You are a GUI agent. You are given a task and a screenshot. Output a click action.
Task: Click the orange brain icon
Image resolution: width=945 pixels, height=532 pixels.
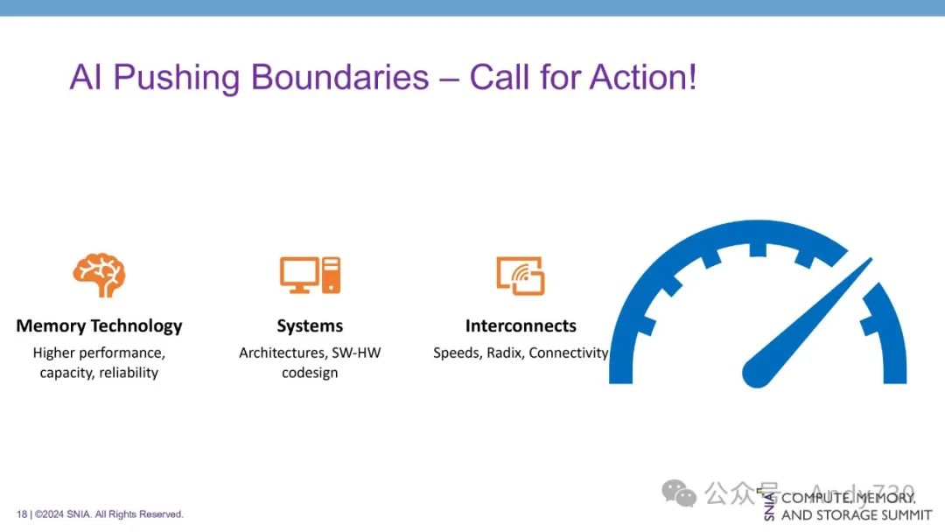[100, 275]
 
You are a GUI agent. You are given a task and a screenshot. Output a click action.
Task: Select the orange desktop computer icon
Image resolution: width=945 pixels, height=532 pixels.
[310, 276]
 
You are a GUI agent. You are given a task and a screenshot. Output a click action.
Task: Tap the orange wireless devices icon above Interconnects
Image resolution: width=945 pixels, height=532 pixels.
[521, 276]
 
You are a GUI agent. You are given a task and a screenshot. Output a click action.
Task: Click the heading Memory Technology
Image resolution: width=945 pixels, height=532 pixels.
[99, 326]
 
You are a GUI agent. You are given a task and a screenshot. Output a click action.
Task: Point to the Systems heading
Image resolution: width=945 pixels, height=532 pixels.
[310, 326]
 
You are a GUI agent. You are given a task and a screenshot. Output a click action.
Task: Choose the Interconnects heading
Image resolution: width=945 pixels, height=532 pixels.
[521, 326]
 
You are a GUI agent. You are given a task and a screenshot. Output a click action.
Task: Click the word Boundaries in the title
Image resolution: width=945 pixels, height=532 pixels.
[339, 77]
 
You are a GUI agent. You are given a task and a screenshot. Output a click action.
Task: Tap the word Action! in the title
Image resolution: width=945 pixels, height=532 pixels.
[643, 77]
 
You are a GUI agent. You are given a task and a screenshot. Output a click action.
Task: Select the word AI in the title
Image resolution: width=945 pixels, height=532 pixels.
[86, 77]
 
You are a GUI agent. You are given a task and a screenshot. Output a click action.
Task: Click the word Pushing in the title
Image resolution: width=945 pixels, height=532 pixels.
[177, 79]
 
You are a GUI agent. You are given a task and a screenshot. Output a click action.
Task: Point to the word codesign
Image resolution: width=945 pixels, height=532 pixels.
[310, 373]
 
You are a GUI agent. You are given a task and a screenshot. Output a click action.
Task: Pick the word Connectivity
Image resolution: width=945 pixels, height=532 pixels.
[569, 353]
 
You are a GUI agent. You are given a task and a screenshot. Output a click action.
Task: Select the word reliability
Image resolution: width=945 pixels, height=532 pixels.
[129, 373]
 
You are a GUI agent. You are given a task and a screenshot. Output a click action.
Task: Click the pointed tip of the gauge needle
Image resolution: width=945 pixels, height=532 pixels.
[871, 258]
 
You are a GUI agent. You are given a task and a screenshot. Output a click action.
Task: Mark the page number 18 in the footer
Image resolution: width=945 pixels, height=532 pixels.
[22, 514]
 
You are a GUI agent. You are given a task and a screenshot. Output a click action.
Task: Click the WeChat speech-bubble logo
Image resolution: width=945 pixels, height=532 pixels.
[679, 493]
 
